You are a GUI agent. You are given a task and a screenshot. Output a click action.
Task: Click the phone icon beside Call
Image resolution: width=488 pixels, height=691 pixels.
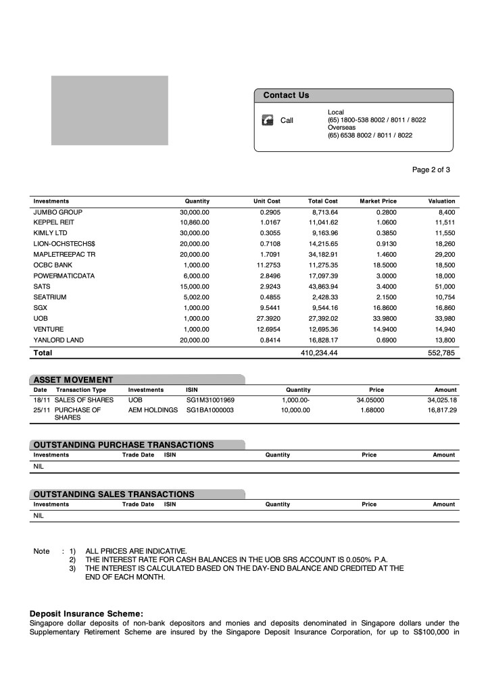tap(268, 120)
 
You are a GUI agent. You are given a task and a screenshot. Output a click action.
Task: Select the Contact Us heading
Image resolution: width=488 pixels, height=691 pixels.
tap(286, 95)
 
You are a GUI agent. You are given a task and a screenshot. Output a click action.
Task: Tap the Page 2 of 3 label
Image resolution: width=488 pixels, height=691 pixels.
tap(431, 170)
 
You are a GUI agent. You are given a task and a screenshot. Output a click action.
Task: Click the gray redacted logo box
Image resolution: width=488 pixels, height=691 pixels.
tap(109, 110)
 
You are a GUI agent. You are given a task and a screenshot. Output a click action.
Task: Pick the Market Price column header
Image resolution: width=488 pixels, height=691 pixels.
tap(378, 201)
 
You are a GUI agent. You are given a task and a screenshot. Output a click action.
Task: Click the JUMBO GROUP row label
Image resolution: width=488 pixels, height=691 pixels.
tap(57, 212)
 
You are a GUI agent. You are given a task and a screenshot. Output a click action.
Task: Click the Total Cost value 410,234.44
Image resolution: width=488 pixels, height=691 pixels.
tap(319, 353)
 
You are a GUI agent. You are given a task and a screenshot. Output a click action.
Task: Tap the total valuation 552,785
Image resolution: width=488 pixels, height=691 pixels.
tap(441, 353)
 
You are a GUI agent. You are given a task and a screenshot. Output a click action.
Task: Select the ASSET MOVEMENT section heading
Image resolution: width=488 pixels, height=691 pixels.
tap(73, 380)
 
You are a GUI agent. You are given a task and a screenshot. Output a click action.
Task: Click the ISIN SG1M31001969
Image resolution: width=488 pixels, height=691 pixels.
tap(210, 400)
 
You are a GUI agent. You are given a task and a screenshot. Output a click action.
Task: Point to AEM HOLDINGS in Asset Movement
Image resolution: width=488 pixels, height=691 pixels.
tap(153, 410)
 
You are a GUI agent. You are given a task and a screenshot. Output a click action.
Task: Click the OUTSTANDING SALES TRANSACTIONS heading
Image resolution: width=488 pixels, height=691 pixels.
tap(114, 494)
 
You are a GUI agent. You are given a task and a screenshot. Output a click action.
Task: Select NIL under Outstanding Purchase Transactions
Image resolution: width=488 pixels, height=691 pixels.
tap(39, 466)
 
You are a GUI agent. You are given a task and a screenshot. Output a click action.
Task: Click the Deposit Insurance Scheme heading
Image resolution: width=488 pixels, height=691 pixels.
tap(86, 613)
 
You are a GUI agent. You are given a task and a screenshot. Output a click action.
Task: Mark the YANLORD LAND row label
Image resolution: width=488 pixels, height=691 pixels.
tap(59, 340)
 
